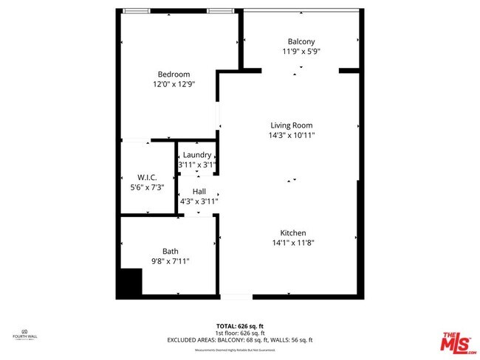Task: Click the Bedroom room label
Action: pyautogui.click(x=174, y=74)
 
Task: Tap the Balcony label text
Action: pyautogui.click(x=301, y=41)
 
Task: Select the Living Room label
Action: pyautogui.click(x=292, y=125)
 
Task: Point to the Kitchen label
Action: pyautogui.click(x=292, y=232)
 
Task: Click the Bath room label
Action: pyautogui.click(x=171, y=251)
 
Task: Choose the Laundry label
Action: pyautogui.click(x=197, y=155)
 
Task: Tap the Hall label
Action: pyautogui.click(x=199, y=191)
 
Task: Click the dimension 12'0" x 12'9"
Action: pyautogui.click(x=174, y=84)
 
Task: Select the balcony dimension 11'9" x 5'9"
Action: pyautogui.click(x=301, y=52)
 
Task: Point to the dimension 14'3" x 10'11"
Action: pyautogui.click(x=292, y=135)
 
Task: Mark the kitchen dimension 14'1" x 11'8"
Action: pyautogui.click(x=292, y=243)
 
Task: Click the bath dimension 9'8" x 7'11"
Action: pyautogui.click(x=171, y=261)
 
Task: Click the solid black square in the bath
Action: pyautogui.click(x=131, y=283)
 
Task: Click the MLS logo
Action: pyautogui.click(x=458, y=342)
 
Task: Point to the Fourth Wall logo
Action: pyautogui.click(x=25, y=334)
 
